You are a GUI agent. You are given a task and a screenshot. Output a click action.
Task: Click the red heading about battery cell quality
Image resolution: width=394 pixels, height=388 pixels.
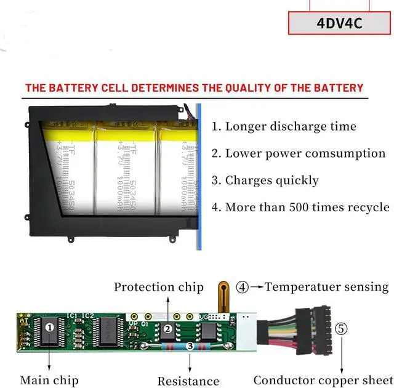click(x=194, y=88)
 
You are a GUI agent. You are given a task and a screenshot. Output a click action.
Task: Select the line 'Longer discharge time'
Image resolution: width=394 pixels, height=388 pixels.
click(x=284, y=127)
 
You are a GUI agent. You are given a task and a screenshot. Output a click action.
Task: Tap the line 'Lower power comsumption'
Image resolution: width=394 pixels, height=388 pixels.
click(x=299, y=153)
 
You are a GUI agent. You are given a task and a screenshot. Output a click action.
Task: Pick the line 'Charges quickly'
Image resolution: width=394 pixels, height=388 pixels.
click(x=265, y=180)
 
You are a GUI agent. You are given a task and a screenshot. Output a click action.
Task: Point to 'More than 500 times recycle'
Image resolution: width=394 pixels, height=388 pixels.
click(x=300, y=207)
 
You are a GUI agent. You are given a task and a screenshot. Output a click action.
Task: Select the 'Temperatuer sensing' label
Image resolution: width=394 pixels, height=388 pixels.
click(x=327, y=286)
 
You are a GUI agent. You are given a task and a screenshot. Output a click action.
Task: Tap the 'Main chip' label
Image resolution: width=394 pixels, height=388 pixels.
click(x=49, y=380)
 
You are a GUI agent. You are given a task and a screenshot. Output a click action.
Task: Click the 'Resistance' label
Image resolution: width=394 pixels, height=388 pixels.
click(x=188, y=381)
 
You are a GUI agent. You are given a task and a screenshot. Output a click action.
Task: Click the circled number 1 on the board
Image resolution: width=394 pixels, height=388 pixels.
click(x=49, y=328)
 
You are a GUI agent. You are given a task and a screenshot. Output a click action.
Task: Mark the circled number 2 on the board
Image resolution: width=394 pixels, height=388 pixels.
click(x=167, y=329)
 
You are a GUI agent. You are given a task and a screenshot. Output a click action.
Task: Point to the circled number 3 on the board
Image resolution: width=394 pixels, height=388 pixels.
click(x=190, y=347)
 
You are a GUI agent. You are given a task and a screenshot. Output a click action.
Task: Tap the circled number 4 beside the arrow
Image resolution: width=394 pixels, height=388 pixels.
click(x=243, y=287)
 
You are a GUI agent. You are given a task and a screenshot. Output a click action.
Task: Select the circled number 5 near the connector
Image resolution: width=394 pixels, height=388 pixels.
click(x=341, y=329)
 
